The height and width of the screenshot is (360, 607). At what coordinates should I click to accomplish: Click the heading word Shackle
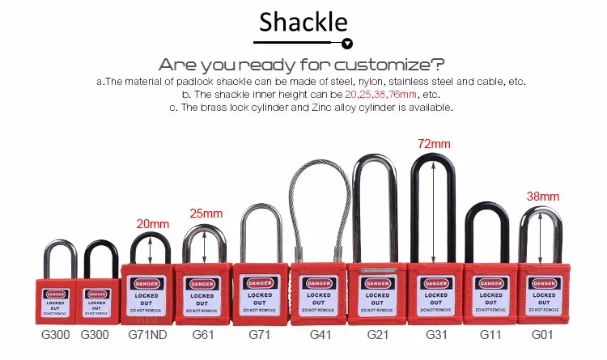303,21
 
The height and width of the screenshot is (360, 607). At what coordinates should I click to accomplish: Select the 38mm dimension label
543,196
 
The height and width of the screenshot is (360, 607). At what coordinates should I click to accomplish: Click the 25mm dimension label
206,214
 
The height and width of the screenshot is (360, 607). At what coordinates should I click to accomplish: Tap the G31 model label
435,333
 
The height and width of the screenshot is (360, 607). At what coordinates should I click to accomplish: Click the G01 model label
543,333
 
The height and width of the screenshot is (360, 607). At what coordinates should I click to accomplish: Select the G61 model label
203,333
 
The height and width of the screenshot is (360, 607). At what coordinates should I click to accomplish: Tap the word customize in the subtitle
389,65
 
